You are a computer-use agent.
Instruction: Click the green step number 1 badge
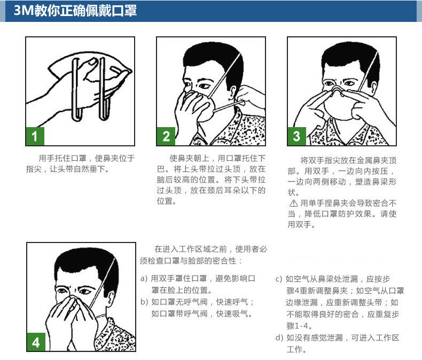(x=35, y=136)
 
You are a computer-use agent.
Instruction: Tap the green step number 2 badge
(x=166, y=136)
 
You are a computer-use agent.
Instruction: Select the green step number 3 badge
(x=296, y=136)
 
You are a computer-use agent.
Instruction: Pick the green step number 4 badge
(x=36, y=342)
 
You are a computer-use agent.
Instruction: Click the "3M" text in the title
(x=24, y=11)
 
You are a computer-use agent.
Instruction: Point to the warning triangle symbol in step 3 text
(x=294, y=203)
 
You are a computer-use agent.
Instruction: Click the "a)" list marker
(x=144, y=278)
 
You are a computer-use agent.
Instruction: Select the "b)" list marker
(x=144, y=302)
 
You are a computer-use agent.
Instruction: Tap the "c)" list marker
(x=279, y=279)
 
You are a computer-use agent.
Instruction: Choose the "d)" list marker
(x=279, y=338)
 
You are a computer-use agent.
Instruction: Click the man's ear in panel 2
(x=232, y=93)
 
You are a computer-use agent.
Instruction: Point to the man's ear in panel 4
(x=111, y=298)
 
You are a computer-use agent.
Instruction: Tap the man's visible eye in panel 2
(x=204, y=87)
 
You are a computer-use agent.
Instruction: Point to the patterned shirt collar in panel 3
(x=347, y=132)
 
